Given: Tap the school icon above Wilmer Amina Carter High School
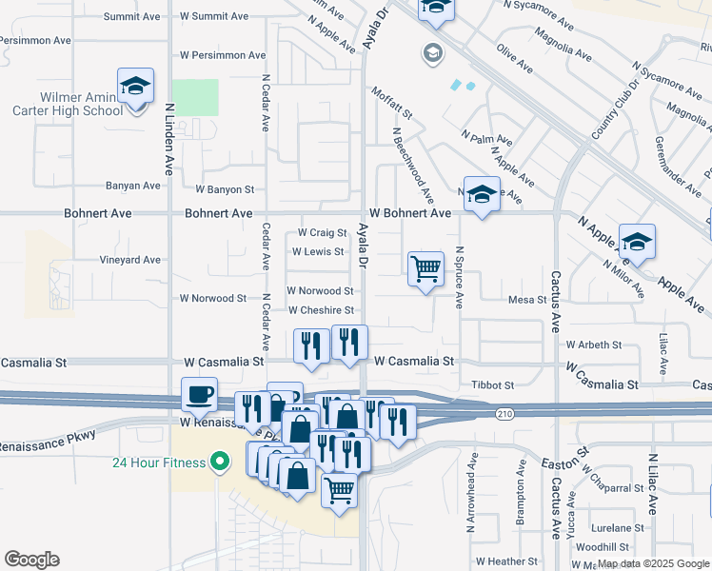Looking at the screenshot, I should (136, 87).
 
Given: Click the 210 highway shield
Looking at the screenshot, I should (504, 413).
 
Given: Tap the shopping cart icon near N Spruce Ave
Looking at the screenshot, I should (425, 269).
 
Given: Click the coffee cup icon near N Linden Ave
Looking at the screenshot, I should (200, 393).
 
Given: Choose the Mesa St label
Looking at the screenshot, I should (526, 299).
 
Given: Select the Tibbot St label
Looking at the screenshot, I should (493, 385).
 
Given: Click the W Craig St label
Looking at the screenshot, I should (322, 232).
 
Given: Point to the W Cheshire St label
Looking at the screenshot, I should (321, 310).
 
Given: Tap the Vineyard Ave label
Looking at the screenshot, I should (130, 260).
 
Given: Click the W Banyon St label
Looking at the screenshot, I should (225, 190).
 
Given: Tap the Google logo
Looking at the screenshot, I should (31, 560).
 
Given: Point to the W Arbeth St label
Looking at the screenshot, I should (593, 345).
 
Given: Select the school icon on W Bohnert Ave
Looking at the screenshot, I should (482, 195).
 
